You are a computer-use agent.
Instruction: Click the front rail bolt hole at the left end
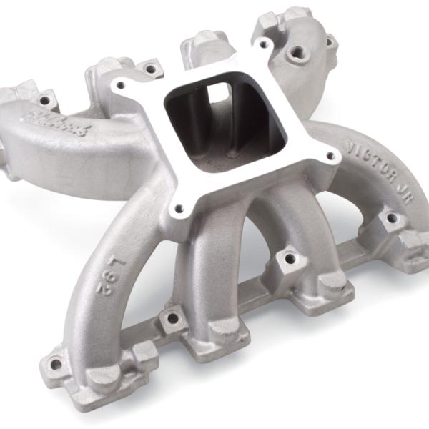point(56,363)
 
